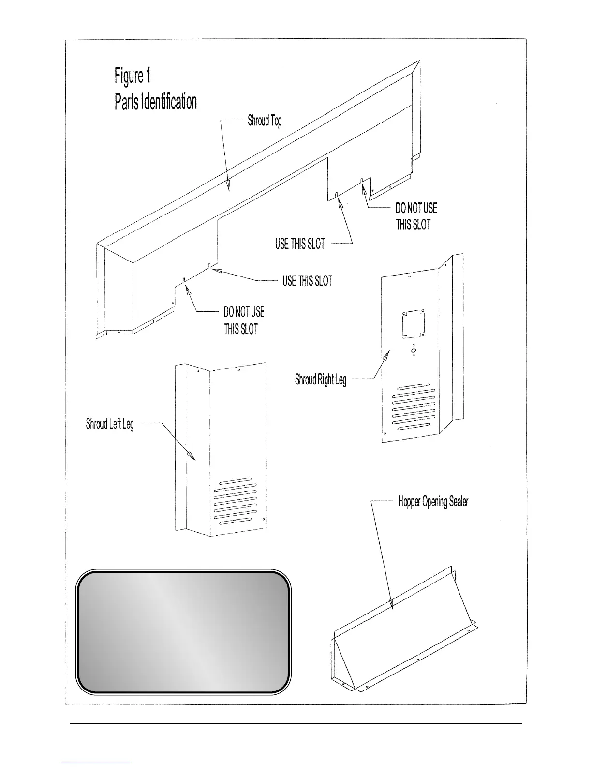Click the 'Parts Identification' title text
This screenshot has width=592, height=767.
coord(156,102)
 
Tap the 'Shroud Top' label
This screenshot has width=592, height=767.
coord(265,121)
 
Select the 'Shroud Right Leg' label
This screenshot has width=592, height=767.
coord(321,380)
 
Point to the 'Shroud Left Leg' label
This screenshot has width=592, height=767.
coord(110,425)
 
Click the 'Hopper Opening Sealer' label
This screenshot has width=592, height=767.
coord(433,502)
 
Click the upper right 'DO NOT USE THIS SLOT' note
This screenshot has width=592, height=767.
coord(415,216)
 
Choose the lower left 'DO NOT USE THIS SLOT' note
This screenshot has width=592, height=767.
coord(244,320)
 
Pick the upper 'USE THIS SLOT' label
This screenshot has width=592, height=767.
coord(300,244)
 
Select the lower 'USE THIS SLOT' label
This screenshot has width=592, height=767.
coord(308,281)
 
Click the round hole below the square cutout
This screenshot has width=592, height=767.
coord(414,349)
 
